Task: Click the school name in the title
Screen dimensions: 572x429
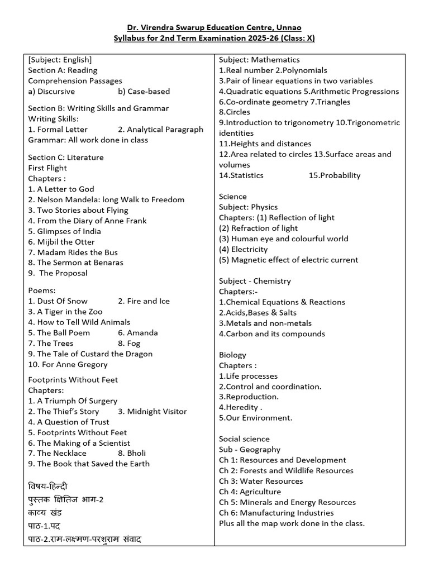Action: click(x=214, y=27)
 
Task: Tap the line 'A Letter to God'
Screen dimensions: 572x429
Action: click(x=61, y=189)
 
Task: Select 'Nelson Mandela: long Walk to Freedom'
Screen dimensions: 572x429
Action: click(x=106, y=200)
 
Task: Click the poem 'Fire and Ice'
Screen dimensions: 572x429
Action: click(x=144, y=301)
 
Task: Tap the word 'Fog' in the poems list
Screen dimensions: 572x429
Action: click(x=134, y=344)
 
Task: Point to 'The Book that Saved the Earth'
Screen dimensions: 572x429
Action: click(x=89, y=464)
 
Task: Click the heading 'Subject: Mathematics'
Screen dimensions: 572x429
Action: click(x=259, y=60)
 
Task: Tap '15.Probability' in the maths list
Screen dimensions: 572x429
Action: click(x=334, y=175)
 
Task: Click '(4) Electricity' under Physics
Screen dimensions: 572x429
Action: click(x=243, y=250)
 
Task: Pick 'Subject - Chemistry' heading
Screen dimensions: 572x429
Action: click(x=255, y=281)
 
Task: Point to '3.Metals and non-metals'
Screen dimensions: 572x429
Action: click(x=265, y=323)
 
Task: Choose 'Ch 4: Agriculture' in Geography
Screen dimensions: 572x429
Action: click(x=250, y=492)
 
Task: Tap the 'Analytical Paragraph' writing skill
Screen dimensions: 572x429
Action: click(x=161, y=130)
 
